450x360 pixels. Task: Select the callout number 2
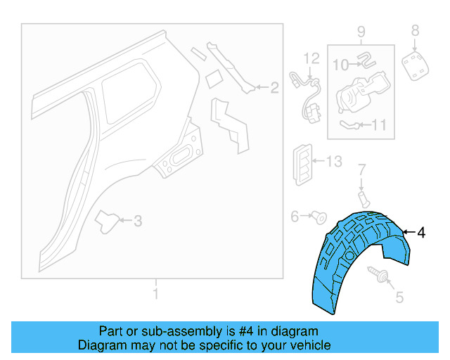(275, 88)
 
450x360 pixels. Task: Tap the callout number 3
(138, 221)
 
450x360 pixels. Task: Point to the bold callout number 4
(420, 232)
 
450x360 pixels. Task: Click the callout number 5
(399, 297)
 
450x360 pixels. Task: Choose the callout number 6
(295, 217)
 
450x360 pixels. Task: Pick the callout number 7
(362, 169)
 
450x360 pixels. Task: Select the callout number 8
(415, 30)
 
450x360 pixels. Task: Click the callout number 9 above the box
(361, 31)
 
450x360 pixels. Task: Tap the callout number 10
(340, 65)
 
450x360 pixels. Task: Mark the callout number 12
(311, 58)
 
